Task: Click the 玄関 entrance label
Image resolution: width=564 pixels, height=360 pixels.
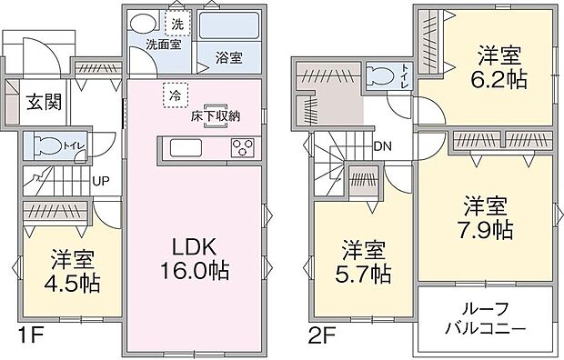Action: coord(43,101)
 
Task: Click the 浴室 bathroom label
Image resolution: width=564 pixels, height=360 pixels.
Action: coord(228,57)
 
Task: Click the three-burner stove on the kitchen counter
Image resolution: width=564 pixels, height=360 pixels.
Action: coord(244,148)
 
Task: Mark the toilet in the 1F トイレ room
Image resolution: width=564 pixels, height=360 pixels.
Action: coord(46,145)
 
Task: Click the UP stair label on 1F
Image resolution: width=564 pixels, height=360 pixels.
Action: coord(101,180)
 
